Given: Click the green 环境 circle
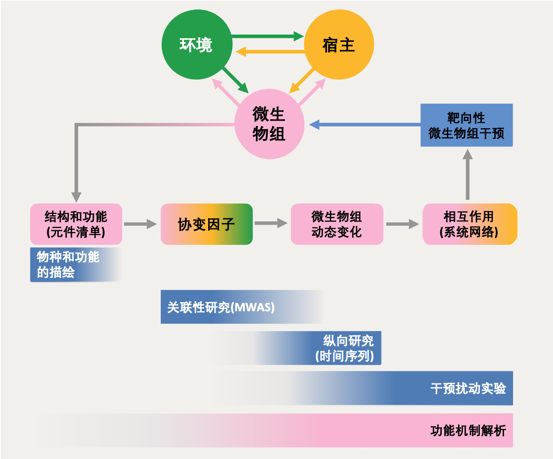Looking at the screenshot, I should pos(196,45).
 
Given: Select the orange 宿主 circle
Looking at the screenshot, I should pos(339,45).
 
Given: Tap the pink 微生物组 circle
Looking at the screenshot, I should pos(269,124).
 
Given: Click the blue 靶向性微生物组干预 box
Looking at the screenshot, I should pos(466,125).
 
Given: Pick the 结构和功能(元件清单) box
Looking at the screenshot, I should pos(76,224).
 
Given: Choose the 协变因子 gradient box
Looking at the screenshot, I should pos(206,224).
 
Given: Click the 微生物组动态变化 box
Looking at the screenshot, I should pos(337,224).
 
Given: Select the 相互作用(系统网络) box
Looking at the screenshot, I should pos(469,224).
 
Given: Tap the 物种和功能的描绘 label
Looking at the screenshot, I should pos(68,264).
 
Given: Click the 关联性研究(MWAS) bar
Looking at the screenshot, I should pos(221,307).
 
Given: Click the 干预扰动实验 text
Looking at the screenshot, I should pos(468,388).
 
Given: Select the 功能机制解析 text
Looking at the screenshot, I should pos(468,431).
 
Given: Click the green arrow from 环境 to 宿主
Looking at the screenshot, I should pos(267,36).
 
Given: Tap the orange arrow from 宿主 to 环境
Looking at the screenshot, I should pos(270,52).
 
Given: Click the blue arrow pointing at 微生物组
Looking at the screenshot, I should pos(364,125).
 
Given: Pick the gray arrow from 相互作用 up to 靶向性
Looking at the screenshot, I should pos(468,175).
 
